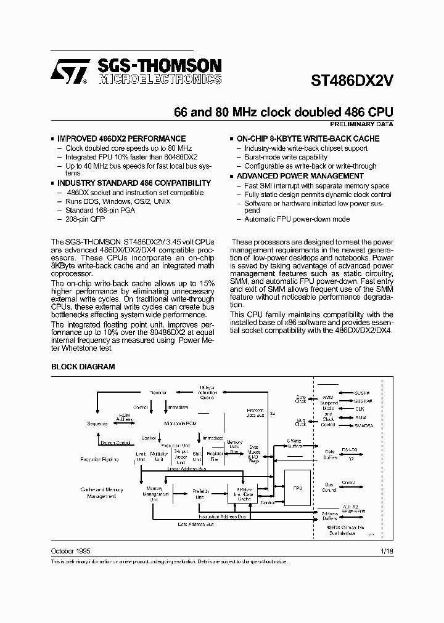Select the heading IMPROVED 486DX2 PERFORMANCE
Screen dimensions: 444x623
click(121, 139)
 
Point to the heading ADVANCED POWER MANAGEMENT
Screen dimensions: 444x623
click(300, 176)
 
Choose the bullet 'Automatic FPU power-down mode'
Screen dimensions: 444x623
click(297, 219)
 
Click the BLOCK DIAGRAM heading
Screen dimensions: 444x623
click(83, 367)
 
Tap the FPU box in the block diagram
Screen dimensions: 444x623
click(298, 488)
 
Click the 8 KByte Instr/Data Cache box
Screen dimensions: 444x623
click(241, 492)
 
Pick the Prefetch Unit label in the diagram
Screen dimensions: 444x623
click(201, 494)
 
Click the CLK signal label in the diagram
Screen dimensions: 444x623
click(360, 409)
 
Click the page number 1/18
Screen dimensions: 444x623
click(387, 550)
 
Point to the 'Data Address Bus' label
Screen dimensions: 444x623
click(196, 524)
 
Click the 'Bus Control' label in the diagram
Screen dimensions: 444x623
click(329, 488)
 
